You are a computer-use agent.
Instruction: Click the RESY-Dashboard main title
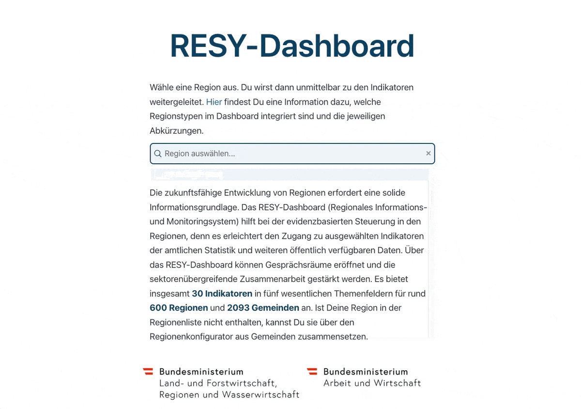[x=292, y=46]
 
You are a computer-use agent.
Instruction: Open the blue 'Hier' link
[x=214, y=102]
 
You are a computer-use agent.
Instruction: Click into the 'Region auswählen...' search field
[x=290, y=154]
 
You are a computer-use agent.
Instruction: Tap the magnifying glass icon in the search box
[x=158, y=154]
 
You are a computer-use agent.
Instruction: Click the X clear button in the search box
[x=428, y=154]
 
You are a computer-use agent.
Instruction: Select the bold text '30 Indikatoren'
[x=222, y=294]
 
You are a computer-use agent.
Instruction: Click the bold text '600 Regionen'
[x=179, y=308]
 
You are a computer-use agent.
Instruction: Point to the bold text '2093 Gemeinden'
[x=263, y=308]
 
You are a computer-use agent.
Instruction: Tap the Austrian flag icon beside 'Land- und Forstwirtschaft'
[x=148, y=372]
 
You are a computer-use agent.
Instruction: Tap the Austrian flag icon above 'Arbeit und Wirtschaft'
[x=312, y=372]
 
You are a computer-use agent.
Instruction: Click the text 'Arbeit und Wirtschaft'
[x=372, y=383]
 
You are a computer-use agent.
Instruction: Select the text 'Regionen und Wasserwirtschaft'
[x=229, y=395]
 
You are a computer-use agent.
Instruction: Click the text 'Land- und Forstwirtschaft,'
[x=218, y=383]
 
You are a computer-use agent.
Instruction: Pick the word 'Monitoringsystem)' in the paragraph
[x=196, y=222]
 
